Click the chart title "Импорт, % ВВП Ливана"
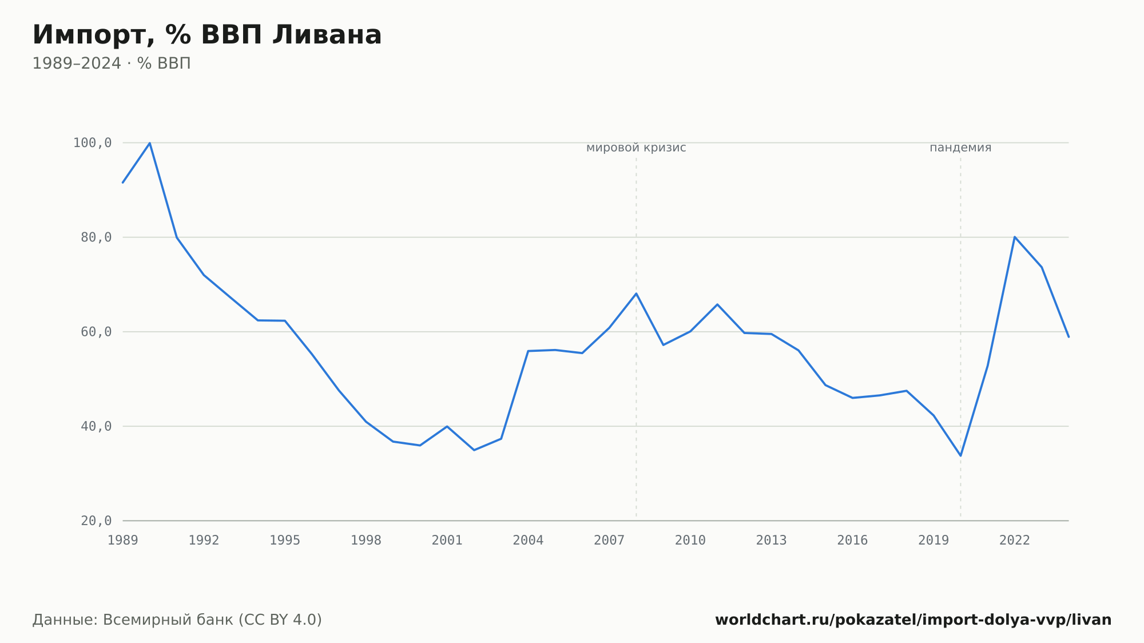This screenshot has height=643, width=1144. (207, 35)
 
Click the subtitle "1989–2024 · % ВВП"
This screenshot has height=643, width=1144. (112, 63)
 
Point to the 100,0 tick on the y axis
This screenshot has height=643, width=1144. (92, 143)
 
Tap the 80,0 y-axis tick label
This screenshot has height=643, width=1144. (96, 237)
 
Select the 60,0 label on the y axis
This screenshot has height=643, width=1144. (96, 332)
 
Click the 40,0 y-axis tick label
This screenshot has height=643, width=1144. (96, 426)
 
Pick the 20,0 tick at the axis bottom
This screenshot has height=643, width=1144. (96, 521)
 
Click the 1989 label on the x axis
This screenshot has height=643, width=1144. (123, 541)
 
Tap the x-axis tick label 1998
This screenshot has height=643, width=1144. (366, 541)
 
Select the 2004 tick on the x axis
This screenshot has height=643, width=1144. (528, 541)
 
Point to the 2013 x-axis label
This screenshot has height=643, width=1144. (772, 541)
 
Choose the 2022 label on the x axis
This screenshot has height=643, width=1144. (1015, 541)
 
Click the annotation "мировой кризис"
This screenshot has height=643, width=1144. (636, 148)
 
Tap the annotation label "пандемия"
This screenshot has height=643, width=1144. (960, 148)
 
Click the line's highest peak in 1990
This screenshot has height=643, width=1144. (150, 143)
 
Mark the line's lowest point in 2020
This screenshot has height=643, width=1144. (960, 455)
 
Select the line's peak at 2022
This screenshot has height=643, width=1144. (1015, 237)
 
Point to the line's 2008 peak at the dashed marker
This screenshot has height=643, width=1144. (636, 293)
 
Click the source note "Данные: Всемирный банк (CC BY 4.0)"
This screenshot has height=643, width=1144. (177, 620)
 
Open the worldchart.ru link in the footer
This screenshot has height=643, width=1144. (913, 620)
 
